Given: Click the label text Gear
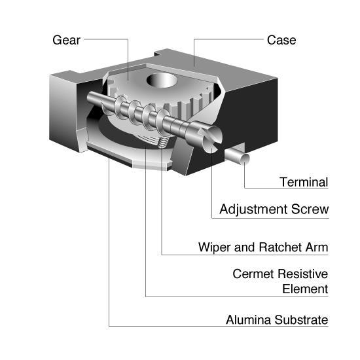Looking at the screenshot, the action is [66, 41].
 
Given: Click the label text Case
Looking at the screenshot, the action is [281, 41].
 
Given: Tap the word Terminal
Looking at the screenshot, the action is [304, 183].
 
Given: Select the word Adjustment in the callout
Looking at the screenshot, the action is [253, 209].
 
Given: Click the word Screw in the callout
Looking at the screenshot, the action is [310, 209].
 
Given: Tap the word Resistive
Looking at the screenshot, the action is [303, 274].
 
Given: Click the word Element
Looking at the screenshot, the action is [305, 289].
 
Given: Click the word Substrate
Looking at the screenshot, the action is [301, 320].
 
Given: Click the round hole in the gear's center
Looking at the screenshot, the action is [162, 80].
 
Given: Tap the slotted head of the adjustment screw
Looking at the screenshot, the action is [211, 139].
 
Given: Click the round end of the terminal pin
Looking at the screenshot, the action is [245, 158].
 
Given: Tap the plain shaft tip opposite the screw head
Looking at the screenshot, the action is [90, 97].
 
